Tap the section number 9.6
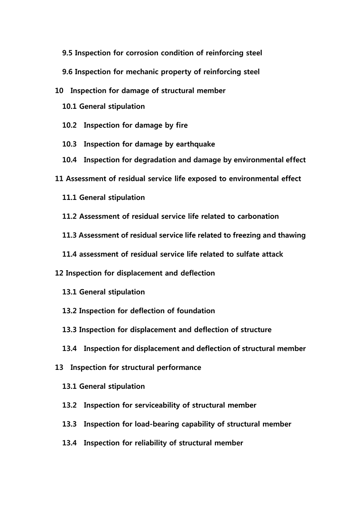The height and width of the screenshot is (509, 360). pyautogui.click(x=68, y=72)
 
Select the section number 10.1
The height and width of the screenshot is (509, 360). pyautogui.click(x=70, y=107)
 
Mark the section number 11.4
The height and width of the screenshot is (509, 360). pyautogui.click(x=70, y=254)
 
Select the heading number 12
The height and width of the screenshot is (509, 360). pyautogui.click(x=59, y=273)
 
